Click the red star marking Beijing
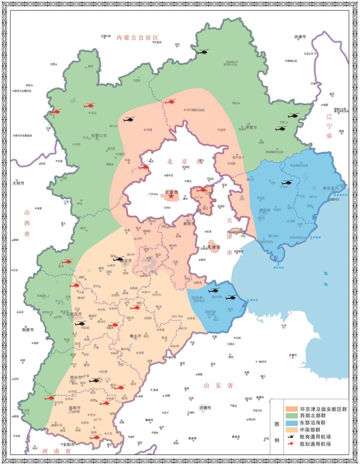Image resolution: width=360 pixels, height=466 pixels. (171, 196)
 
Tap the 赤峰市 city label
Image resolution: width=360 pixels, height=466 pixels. (300, 37)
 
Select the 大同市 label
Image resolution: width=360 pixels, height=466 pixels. (18, 183)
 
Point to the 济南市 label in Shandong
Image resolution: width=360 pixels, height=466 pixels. (205, 408)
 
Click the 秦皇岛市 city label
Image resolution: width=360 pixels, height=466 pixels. (330, 188)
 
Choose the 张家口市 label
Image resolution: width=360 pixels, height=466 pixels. (99, 136)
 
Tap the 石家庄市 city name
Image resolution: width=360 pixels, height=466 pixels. (74, 314)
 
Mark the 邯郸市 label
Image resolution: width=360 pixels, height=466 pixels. (74, 408)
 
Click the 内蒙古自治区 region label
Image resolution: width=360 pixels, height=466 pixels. (137, 38)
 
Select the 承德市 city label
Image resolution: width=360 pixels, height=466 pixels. (251, 127)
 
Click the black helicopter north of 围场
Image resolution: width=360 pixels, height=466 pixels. (203, 52)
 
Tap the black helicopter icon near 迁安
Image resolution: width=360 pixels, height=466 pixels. (287, 182)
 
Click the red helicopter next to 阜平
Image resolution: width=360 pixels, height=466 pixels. (67, 261)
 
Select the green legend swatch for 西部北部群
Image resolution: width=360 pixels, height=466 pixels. (291, 416)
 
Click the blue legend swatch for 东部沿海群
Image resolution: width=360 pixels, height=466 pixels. (291, 423)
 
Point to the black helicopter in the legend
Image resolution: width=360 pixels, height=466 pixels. (291, 437)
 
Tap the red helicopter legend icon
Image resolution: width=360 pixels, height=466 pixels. (291, 444)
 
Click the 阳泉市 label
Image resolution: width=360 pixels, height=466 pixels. (28, 330)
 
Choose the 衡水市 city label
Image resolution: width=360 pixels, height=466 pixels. (136, 336)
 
